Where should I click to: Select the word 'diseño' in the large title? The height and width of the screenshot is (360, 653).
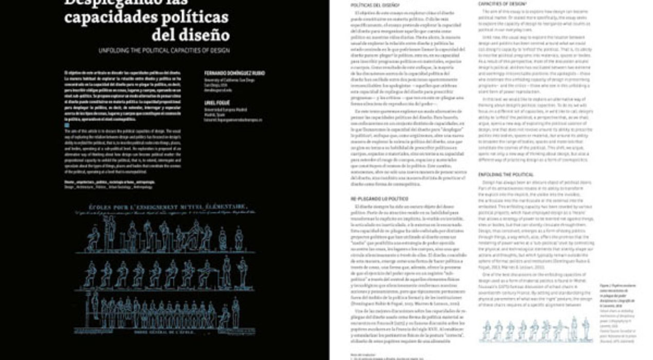[206, 34]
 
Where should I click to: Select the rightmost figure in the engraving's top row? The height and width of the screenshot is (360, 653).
[239, 239]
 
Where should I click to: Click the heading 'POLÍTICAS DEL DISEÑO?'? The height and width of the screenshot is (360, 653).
[369, 5]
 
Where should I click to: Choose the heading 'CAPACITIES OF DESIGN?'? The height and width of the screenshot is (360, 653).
[498, 4]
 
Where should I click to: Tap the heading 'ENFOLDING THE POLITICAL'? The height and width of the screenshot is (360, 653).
[500, 175]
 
